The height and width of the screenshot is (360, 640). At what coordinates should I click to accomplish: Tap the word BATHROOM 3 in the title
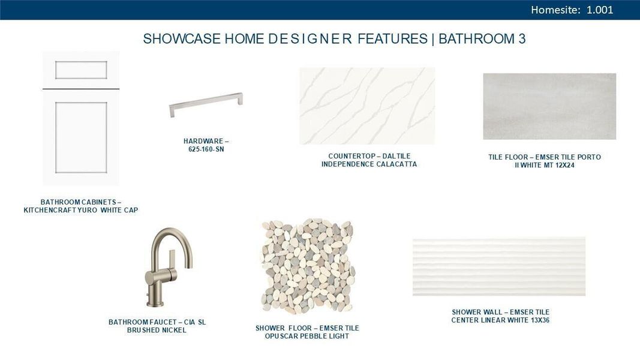pyautogui.click(x=482, y=39)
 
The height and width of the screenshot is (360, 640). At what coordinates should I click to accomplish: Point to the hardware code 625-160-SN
pyautogui.click(x=206, y=149)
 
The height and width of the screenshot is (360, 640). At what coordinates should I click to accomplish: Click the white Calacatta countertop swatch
pyautogui.click(x=367, y=106)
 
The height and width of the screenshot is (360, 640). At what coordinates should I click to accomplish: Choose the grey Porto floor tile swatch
pyautogui.click(x=549, y=106)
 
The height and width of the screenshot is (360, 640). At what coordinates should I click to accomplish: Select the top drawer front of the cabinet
pyautogui.click(x=81, y=70)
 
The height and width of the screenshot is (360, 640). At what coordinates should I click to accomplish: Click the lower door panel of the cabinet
pyautogui.click(x=81, y=137)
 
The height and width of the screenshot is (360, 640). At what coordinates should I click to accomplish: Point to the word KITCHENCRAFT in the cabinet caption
pyautogui.click(x=52, y=210)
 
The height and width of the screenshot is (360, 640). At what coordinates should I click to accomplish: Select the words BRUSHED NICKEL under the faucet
pyautogui.click(x=157, y=330)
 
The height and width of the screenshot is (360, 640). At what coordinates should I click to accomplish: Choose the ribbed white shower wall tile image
pyautogui.click(x=499, y=266)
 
